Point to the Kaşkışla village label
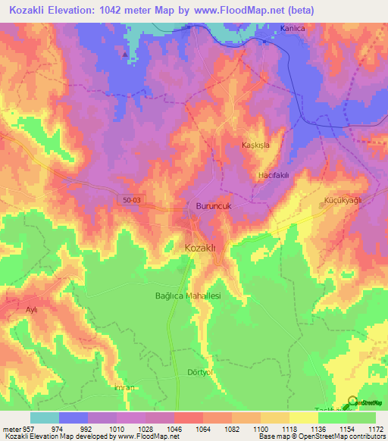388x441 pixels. (255, 145)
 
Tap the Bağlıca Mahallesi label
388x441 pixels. (187, 296)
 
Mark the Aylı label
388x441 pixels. (32, 311)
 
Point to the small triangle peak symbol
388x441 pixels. (125, 54)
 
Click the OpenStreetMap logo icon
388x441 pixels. (353, 402)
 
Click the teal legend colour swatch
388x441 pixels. (45, 418)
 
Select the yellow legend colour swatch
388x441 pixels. (303, 418)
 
